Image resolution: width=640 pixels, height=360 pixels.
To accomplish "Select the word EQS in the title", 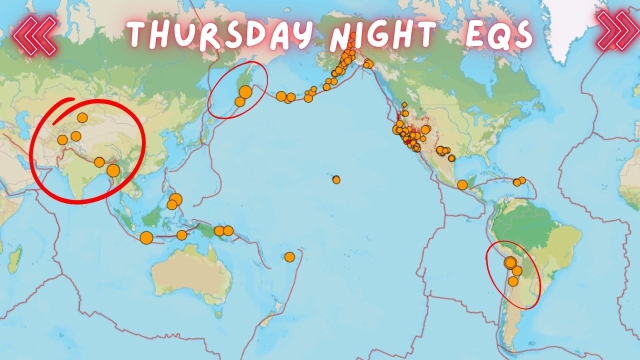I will click(497, 35).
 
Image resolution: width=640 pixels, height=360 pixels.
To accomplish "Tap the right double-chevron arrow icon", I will click(617, 31).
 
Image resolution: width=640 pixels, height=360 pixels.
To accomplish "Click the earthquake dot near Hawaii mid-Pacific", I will click(336, 179).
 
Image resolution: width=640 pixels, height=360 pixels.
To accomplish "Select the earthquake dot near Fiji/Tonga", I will click(289, 257).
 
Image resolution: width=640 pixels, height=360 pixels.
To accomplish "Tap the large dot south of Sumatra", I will click(146, 238).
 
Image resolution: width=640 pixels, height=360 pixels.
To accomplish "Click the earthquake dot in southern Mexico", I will click(462, 185).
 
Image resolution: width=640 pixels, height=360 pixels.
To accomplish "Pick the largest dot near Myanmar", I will click(113, 170).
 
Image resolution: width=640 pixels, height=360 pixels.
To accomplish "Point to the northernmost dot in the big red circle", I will click(82, 117).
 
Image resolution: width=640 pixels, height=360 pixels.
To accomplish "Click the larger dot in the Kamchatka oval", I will click(245, 92).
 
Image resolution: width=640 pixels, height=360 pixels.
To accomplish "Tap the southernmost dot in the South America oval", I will click(513, 281).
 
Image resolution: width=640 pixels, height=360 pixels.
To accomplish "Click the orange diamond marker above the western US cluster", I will click(404, 105).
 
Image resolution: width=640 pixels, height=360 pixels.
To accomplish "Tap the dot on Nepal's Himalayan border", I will click(99, 162).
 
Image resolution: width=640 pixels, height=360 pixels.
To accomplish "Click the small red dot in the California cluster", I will click(407, 141).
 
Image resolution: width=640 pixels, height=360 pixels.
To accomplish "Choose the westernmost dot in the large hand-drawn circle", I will click(62, 139).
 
